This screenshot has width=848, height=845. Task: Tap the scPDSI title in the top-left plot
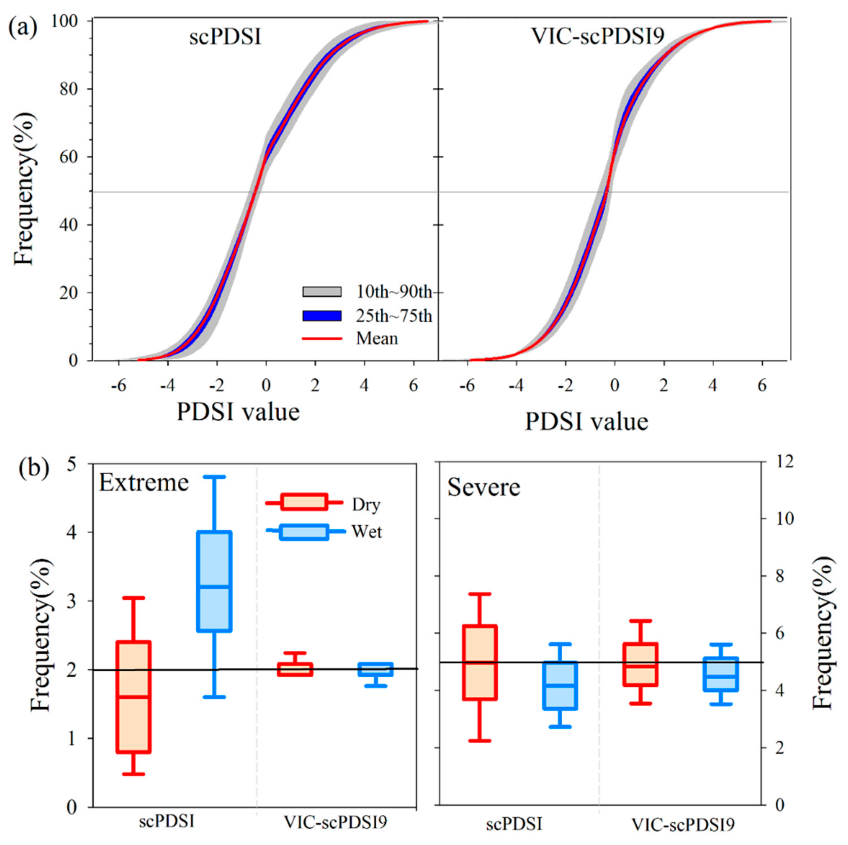pos(225,37)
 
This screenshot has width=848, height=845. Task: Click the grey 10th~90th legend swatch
pos(322,292)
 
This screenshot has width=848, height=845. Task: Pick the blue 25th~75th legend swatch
pos(322,315)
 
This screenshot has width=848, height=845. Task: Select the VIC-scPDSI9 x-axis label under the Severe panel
pos(683,825)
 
